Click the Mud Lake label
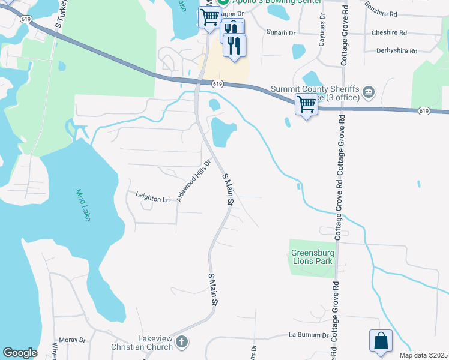pos(83,205)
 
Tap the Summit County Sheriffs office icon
pos(368,93)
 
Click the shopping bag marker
pos(381,341)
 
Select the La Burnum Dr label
pos(309,335)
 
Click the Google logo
pos(20,353)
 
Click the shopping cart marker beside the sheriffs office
pos(307,104)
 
